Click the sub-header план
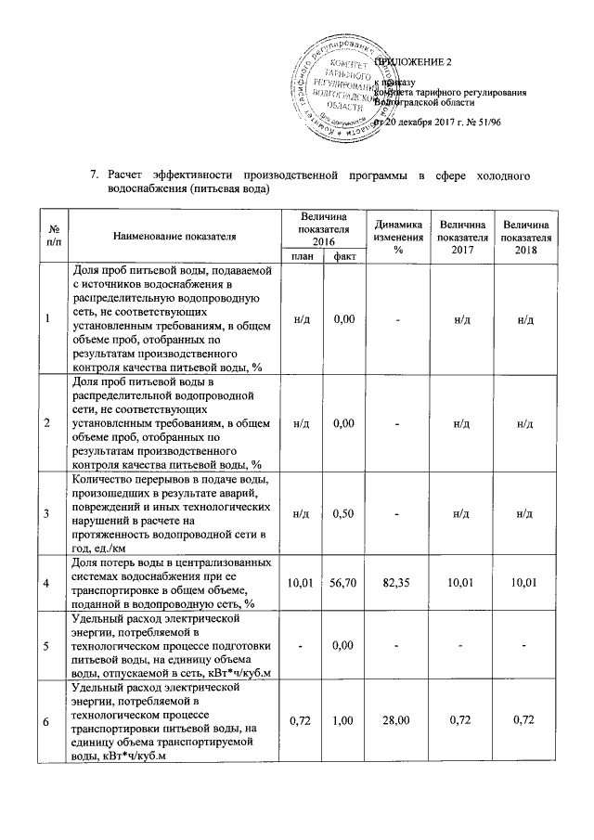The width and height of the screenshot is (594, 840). [302, 256]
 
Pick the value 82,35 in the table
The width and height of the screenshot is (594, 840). [397, 582]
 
